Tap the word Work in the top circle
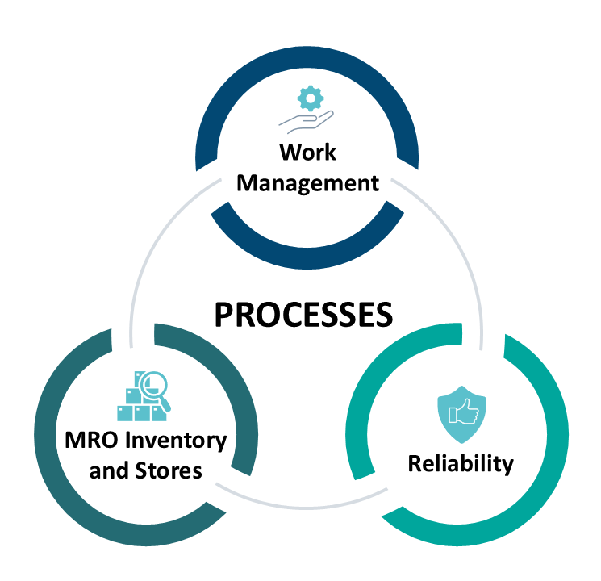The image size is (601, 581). click(307, 152)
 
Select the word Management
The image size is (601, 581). click(307, 182)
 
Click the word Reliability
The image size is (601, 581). click(460, 464)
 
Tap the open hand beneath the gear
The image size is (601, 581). click(305, 120)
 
